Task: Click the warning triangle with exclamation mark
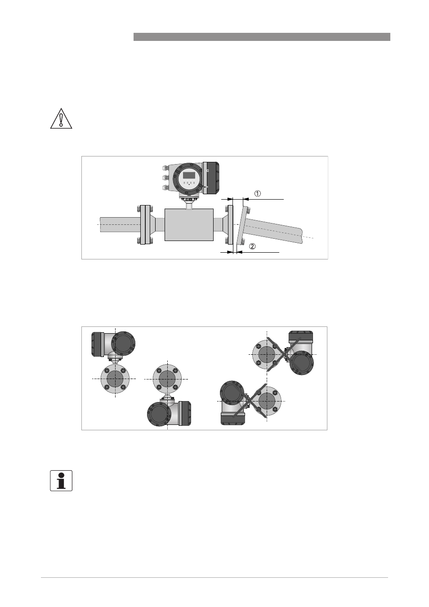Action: [x=61, y=119]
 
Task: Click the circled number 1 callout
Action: [x=258, y=193]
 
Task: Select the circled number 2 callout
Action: [x=252, y=246]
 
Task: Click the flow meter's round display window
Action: [x=189, y=179]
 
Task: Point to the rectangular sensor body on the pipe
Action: [x=189, y=224]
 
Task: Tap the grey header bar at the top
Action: [x=262, y=37]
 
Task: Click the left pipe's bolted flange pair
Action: [x=145, y=225]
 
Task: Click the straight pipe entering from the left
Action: [x=120, y=224]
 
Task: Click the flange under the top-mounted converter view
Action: [x=115, y=379]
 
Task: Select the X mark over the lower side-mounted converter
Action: [x=250, y=401]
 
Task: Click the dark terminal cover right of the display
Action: [x=211, y=178]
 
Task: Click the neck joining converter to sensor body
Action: [x=189, y=203]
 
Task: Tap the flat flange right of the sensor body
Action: [x=230, y=225]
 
